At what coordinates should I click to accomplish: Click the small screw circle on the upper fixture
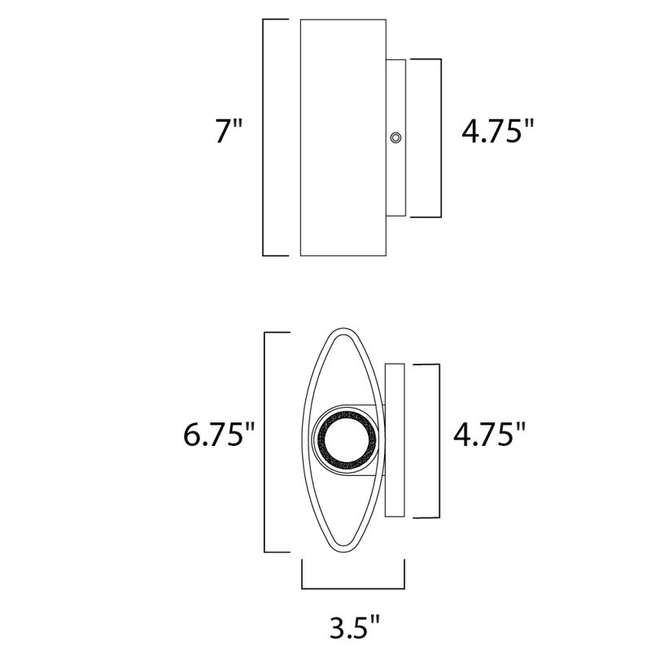tap(396, 138)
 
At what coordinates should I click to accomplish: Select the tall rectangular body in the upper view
tap(343, 137)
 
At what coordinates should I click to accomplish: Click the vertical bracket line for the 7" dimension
tap(264, 137)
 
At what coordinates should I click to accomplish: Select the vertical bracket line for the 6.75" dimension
tap(264, 442)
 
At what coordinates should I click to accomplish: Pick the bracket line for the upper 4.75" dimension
tap(440, 138)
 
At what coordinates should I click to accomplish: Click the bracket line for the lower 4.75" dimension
tap(440, 439)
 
